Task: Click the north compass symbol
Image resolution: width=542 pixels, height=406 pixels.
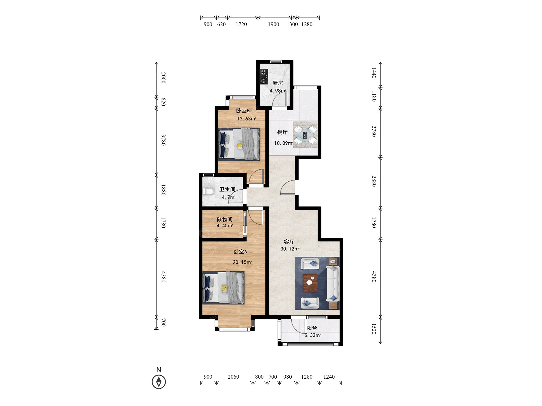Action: click(159, 382)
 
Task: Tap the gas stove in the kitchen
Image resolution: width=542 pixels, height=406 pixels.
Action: click(264, 77)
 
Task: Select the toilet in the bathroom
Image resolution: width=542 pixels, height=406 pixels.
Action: click(208, 191)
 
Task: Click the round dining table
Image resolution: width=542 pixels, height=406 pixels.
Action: click(305, 135)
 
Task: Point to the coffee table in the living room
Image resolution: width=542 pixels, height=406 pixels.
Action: click(310, 283)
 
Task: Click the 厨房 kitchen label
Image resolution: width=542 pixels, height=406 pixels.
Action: click(278, 83)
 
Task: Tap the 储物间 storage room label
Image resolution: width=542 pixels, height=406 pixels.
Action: click(225, 219)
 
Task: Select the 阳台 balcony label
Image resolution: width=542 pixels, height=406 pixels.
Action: click(312, 328)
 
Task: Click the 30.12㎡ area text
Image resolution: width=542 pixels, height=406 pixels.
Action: click(290, 249)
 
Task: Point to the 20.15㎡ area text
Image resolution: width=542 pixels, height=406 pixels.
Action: click(242, 262)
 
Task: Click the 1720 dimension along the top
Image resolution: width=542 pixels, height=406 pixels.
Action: click(241, 24)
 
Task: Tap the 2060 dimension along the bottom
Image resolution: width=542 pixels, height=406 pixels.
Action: click(233, 377)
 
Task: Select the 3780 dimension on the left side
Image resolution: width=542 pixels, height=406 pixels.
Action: click(163, 140)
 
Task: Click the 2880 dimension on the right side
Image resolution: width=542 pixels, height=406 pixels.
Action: click(374, 181)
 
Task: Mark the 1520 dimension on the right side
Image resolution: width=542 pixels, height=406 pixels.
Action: click(374, 329)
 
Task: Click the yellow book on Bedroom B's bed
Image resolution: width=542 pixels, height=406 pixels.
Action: click(240, 145)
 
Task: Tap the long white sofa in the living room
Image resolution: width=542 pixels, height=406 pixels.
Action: click(333, 284)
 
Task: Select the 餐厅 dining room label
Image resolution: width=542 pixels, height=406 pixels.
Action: click(282, 132)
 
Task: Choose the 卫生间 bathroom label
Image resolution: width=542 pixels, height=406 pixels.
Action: click(227, 189)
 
